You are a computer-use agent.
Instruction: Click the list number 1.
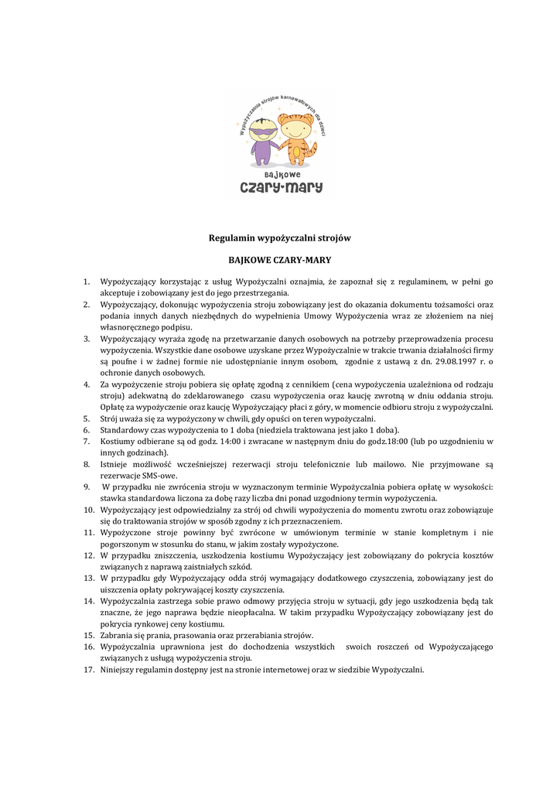pos(87,282)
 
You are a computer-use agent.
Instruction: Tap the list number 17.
pos(89,670)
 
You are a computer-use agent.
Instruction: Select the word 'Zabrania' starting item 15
pos(119,635)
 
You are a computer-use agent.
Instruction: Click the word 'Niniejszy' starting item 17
pos(121,670)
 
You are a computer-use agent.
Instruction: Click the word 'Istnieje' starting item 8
pos(115,464)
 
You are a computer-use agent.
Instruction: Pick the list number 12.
pos(89,555)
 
